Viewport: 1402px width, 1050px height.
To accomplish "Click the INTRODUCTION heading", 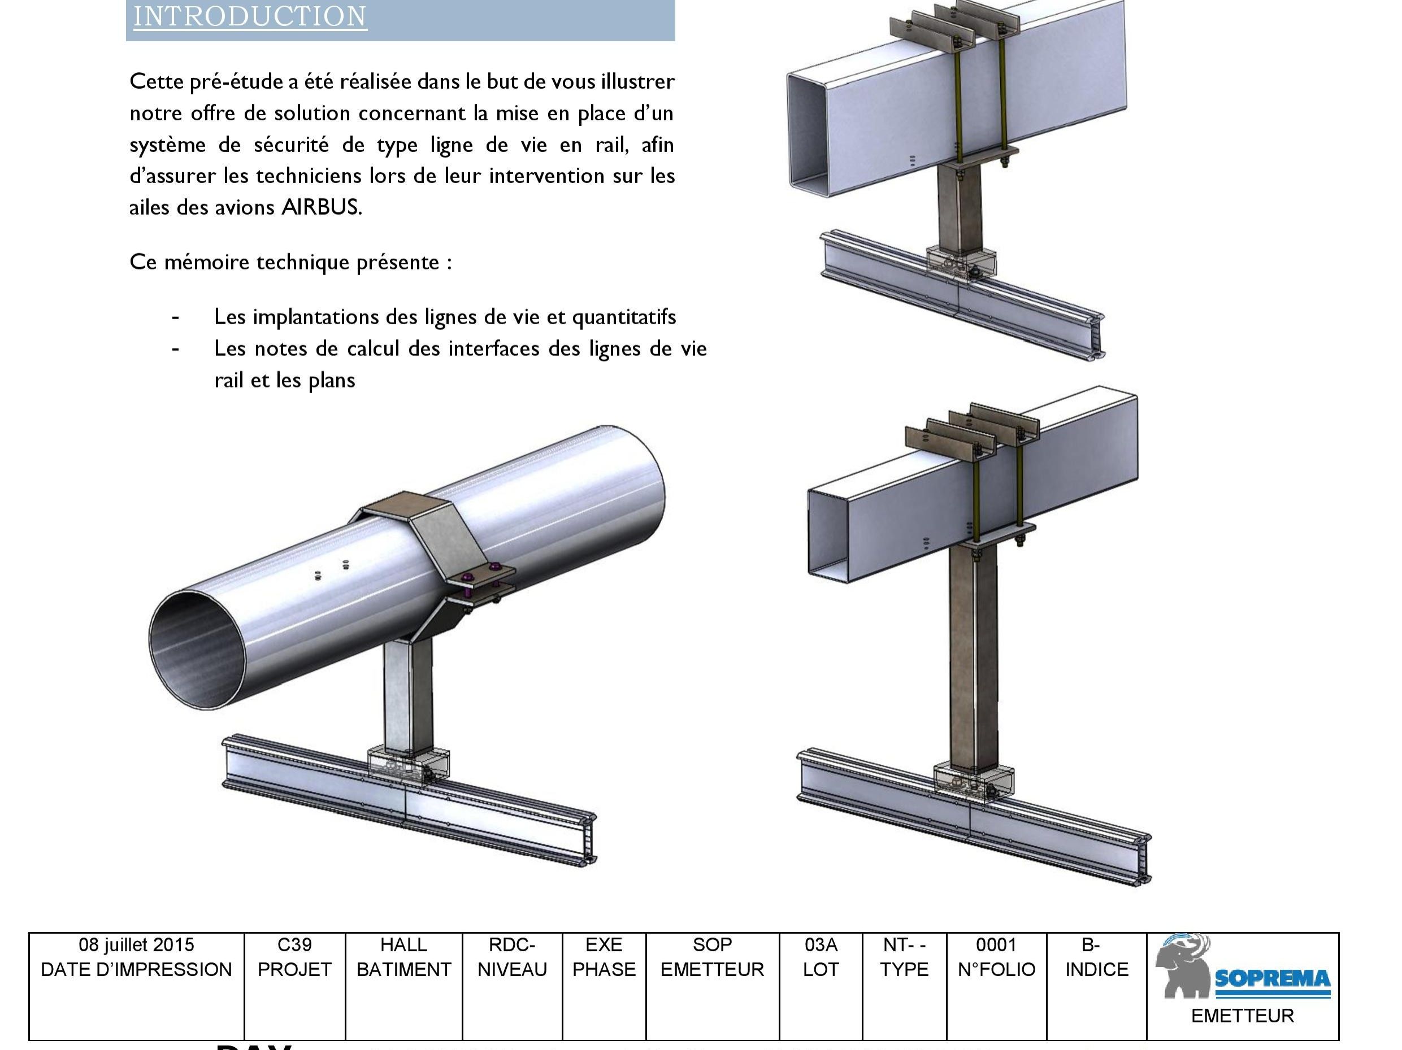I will (x=250, y=16).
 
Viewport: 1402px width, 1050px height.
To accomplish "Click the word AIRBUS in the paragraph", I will (x=322, y=207).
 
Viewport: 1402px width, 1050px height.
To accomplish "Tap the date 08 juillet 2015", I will (x=136, y=945).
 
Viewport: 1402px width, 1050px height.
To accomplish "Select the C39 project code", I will (x=295, y=945).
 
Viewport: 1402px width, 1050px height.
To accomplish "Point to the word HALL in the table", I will (x=403, y=945).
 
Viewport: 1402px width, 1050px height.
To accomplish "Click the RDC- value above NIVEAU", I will (x=512, y=945).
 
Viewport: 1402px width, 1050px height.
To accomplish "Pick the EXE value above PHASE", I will (x=604, y=945).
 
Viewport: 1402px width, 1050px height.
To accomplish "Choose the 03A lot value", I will (x=821, y=945).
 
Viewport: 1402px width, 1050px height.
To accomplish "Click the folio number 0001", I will (x=996, y=945).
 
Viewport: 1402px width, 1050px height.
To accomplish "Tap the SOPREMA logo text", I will (x=1272, y=979).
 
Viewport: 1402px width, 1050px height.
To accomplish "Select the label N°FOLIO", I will (x=996, y=970).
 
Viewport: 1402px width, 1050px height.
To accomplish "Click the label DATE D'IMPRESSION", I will (x=136, y=970).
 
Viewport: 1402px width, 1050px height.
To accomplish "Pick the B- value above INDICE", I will (x=1090, y=945).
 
